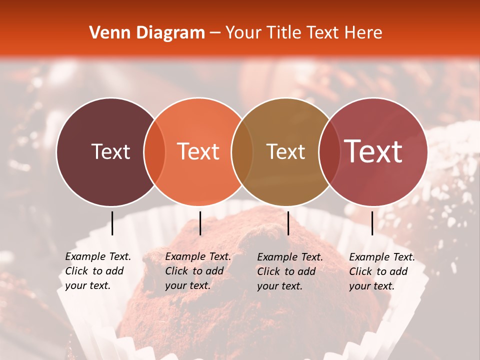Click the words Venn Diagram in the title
(x=147, y=33)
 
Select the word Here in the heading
(x=364, y=33)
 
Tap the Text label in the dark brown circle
(x=110, y=151)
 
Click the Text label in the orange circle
(x=198, y=151)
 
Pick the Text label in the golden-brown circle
(x=285, y=151)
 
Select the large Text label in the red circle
(x=373, y=151)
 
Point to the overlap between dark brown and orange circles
(x=154, y=152)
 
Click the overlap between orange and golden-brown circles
(x=242, y=152)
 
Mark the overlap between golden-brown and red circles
(x=329, y=152)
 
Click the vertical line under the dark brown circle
(x=112, y=223)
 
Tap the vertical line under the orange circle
(x=200, y=223)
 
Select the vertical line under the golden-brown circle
(x=288, y=223)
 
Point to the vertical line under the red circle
(x=372, y=223)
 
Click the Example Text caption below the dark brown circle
(x=97, y=271)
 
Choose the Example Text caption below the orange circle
(x=197, y=271)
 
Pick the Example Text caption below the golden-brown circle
(x=289, y=271)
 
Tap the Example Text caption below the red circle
(x=381, y=271)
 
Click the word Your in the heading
(x=244, y=33)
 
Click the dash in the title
(x=215, y=33)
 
